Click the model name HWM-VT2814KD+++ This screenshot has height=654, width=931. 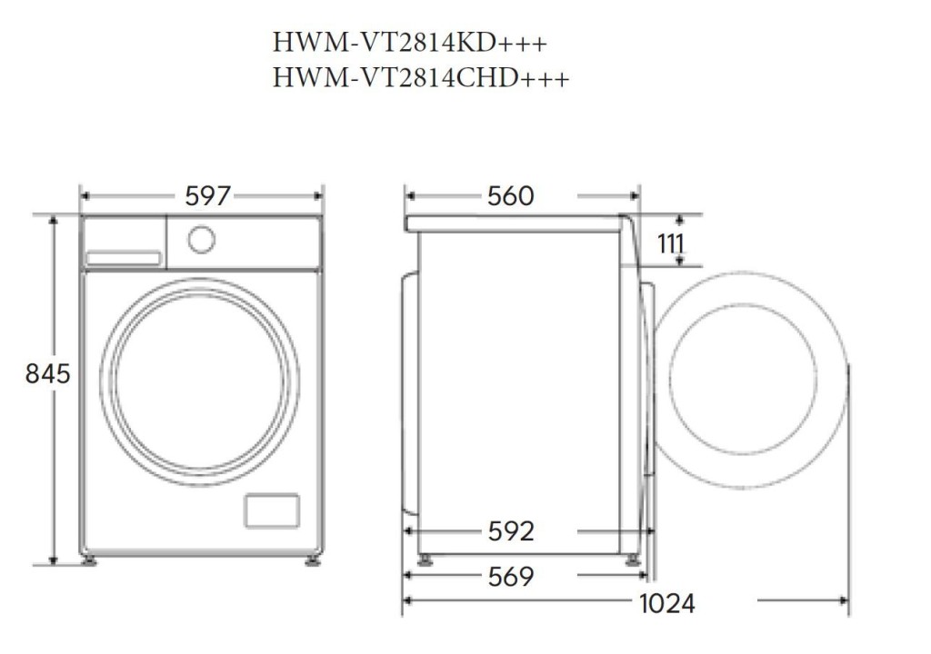[410, 43]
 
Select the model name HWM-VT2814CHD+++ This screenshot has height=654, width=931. [421, 79]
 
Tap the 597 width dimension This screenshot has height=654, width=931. [208, 195]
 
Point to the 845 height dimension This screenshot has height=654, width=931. [47, 373]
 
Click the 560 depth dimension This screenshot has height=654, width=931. [510, 195]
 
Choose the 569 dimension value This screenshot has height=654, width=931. [510, 576]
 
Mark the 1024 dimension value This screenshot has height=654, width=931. [666, 601]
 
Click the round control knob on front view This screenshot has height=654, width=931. [201, 239]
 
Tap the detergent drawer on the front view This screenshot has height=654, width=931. [123, 258]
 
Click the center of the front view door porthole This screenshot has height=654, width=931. [199, 381]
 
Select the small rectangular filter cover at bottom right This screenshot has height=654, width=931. [271, 510]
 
